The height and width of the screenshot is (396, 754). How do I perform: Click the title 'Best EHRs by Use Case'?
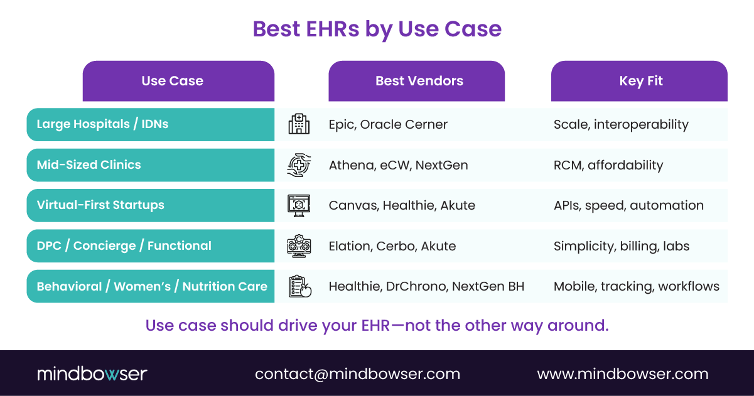tap(377, 29)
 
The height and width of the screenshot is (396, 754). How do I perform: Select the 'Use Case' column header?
tap(172, 81)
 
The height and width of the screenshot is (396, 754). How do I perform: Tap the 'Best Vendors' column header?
tap(419, 81)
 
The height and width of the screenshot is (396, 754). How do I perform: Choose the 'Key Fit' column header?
tap(640, 81)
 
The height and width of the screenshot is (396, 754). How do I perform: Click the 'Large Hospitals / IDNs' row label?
tap(102, 124)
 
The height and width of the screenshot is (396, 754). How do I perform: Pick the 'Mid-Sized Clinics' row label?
tap(89, 165)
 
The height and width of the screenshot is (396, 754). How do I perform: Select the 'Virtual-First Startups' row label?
tap(100, 205)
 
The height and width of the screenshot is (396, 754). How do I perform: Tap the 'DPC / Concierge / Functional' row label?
tap(124, 245)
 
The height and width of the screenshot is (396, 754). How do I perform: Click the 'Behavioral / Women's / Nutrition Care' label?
tap(152, 286)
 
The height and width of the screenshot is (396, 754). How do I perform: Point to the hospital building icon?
tap(299, 124)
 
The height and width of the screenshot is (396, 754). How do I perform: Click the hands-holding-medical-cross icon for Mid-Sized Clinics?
tap(299, 165)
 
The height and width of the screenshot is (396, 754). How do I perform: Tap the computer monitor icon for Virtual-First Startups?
tap(299, 205)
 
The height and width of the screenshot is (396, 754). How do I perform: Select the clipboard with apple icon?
tap(299, 286)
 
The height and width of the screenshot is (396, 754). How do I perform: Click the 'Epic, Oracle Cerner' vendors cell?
tap(388, 124)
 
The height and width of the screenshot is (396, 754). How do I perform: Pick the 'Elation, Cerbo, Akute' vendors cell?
tap(392, 245)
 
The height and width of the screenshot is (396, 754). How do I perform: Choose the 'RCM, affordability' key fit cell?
tap(608, 165)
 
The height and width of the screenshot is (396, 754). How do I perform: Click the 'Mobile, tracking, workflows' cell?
tap(636, 286)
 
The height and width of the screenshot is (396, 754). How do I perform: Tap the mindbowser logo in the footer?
tap(92, 374)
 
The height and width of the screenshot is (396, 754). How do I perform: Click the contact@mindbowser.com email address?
tap(357, 374)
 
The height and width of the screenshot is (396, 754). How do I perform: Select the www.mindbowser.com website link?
tap(622, 374)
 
